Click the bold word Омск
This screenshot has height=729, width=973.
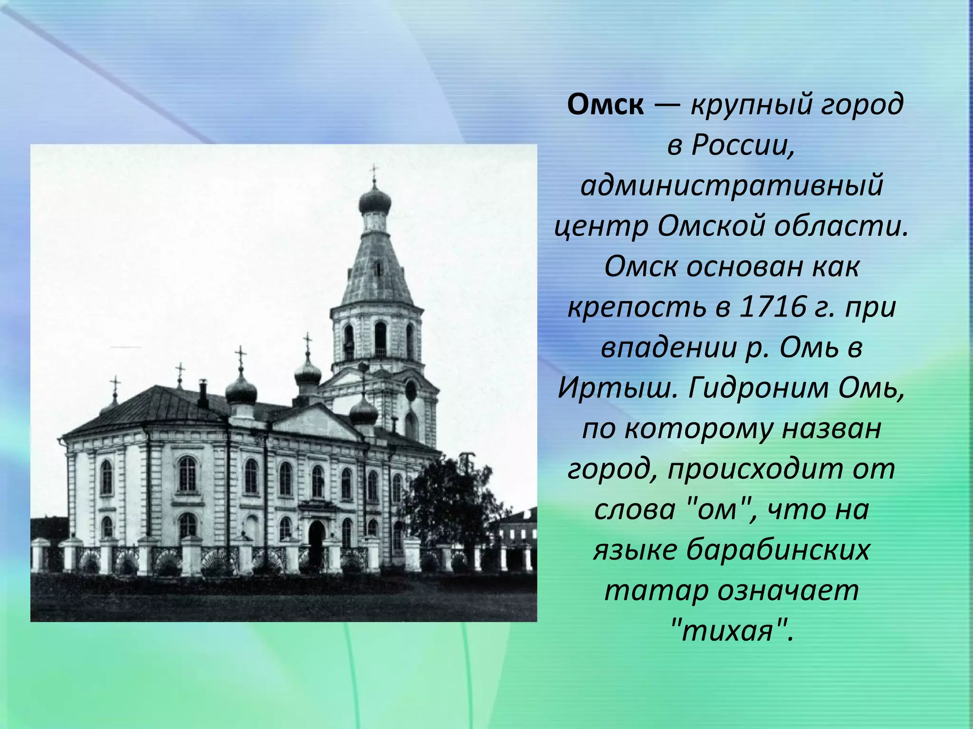605,104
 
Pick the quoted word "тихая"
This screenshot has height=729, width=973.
732,632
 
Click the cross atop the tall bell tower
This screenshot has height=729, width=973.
374,172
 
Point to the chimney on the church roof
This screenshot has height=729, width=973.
203,395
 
